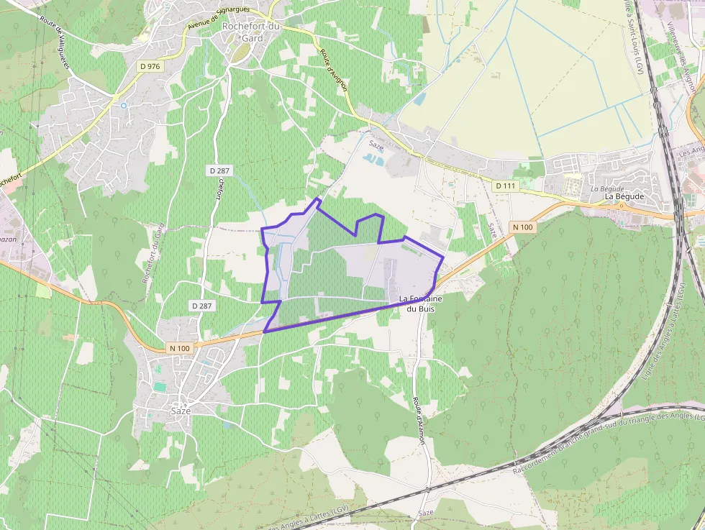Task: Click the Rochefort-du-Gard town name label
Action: click(252, 32)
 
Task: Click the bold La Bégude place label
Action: click(624, 196)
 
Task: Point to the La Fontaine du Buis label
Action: click(421, 303)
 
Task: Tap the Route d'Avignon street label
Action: click(335, 70)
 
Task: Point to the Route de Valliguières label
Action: click(55, 42)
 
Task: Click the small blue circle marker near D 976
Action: click(124, 106)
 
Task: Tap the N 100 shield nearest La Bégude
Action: click(523, 227)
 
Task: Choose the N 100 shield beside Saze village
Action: click(180, 348)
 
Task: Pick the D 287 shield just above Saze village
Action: click(203, 306)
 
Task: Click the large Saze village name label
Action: click(181, 411)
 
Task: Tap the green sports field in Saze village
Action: click(159, 387)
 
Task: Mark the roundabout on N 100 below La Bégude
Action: click(622, 206)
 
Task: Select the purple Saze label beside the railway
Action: click(426, 513)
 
